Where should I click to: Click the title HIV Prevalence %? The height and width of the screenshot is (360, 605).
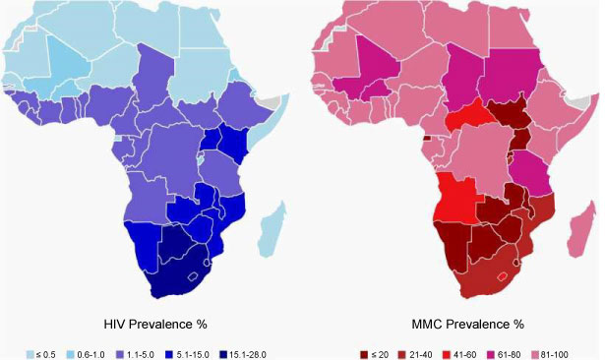pos(155,325)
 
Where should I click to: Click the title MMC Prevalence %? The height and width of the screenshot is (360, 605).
pos(467,325)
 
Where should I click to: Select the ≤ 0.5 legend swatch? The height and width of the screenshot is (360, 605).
pos(30,355)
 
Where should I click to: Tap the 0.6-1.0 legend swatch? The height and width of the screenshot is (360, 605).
pos(71,355)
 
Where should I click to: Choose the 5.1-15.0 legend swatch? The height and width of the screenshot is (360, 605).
pos(170,355)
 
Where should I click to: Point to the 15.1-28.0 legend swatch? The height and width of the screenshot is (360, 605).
pos(223,355)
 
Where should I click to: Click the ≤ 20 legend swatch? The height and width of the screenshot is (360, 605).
pos(364,355)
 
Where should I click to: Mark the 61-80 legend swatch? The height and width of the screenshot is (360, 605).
pos(491,355)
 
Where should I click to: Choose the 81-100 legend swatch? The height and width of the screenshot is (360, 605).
pos(535,355)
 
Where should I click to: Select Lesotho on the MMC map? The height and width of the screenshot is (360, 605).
pos(502,276)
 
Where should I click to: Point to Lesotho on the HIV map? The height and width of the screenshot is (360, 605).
pos(193,276)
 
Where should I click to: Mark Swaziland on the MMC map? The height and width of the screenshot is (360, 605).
pos(516,263)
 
